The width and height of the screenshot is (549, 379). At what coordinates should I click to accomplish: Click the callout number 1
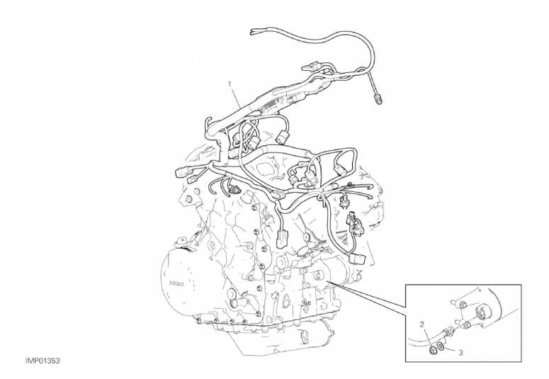(x=230, y=84)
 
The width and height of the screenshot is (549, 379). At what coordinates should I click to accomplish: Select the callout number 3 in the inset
(x=460, y=353)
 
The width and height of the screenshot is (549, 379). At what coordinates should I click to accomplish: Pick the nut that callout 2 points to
(x=432, y=349)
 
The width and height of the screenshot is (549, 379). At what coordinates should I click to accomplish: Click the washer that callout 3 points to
(x=441, y=346)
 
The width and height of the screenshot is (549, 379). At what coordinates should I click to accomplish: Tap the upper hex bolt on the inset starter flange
(x=461, y=304)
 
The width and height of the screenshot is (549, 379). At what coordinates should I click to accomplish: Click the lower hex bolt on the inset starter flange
(x=465, y=327)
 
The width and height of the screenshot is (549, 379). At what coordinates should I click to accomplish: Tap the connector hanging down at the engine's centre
(x=282, y=239)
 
